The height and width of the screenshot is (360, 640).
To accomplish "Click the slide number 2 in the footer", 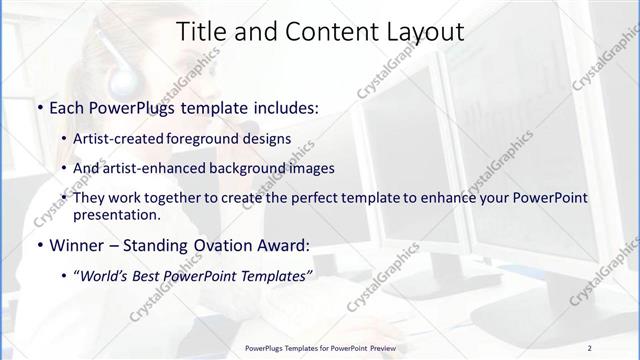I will pos(589,348).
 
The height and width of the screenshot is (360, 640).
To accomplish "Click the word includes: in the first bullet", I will pos(285,107).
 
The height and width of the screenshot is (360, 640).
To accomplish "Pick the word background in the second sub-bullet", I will pos(251,168).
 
